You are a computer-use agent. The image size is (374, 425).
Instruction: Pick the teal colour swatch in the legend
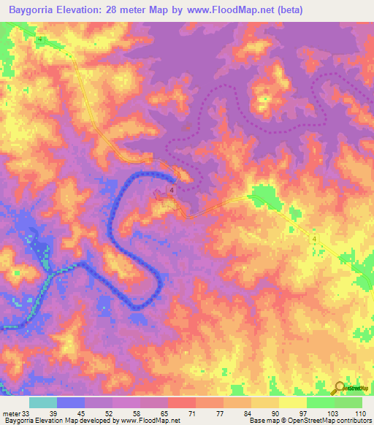pyautogui.click(x=43, y=402)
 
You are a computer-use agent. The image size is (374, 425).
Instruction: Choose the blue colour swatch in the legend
pyautogui.click(x=71, y=402)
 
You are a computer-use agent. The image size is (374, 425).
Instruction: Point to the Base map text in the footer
pyautogui.click(x=262, y=421)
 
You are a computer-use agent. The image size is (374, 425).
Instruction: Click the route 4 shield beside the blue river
pyautogui.click(x=171, y=190)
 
